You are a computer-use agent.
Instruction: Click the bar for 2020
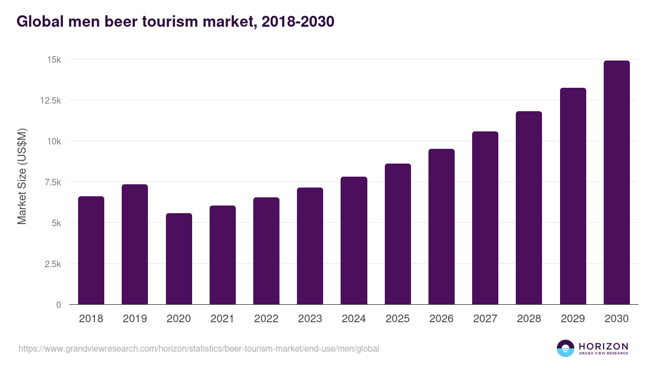179,259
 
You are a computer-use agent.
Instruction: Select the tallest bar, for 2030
617,183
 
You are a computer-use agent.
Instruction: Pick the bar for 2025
398,234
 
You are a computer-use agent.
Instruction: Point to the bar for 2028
529,208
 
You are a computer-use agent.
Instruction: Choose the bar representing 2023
310,246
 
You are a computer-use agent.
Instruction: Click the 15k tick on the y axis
52,59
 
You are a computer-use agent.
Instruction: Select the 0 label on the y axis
58,305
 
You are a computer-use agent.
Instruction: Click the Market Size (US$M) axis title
22,177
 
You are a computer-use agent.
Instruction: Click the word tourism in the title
178,22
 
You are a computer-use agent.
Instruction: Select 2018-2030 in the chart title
298,22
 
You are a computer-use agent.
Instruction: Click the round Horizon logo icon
565,348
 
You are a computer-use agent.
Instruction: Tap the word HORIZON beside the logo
603,346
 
